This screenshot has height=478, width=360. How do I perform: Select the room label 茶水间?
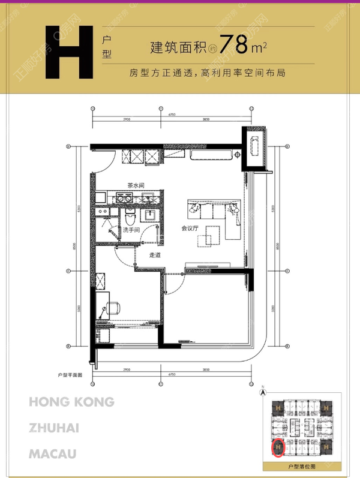pos(133,185)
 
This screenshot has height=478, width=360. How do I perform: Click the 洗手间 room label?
pos(131,230)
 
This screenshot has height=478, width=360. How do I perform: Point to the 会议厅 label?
pos(190,228)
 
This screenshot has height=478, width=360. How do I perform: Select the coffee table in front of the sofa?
pos(209,239)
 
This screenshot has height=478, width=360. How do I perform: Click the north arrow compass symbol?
pos(262,393)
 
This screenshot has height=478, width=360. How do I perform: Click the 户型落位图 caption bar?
pos(302,465)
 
